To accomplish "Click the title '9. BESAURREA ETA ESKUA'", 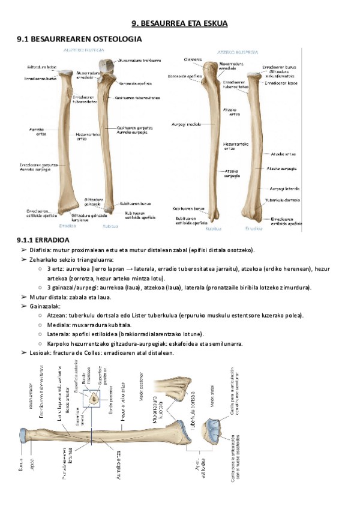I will (180, 23).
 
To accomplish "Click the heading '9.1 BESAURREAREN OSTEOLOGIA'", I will (79, 39).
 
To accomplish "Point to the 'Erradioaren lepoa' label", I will (281, 84).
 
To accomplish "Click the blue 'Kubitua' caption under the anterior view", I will (109, 227).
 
